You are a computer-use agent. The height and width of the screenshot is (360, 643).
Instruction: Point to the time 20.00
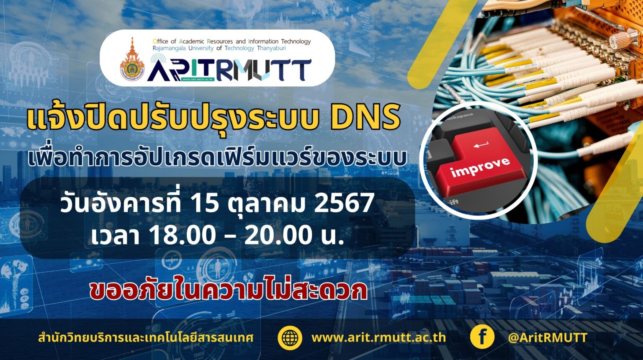click(278, 235)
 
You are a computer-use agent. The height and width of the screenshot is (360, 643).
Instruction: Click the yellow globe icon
click(290, 338)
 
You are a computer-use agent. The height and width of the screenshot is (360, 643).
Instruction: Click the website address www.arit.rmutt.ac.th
click(378, 338)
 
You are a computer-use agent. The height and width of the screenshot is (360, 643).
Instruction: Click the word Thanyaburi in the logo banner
click(271, 48)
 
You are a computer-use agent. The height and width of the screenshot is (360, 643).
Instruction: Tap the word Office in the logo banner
click(160, 41)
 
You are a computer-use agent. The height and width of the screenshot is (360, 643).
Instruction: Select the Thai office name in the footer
click(146, 338)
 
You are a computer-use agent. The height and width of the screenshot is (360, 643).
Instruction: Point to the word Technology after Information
click(296, 42)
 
